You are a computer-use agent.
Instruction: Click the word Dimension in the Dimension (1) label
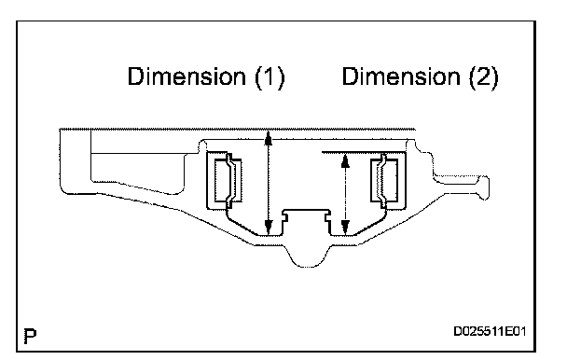[187, 76]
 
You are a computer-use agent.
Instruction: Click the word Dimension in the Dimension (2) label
[401, 76]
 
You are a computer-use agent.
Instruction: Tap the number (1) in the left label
[270, 77]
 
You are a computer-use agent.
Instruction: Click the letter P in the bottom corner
[30, 337]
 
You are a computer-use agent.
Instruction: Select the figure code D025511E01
[490, 331]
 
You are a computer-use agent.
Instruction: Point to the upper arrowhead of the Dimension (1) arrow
[268, 137]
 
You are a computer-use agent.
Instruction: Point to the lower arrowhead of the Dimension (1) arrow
[268, 228]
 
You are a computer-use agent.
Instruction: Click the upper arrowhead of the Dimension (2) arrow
[345, 160]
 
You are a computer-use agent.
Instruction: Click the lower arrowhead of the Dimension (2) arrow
[345, 228]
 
